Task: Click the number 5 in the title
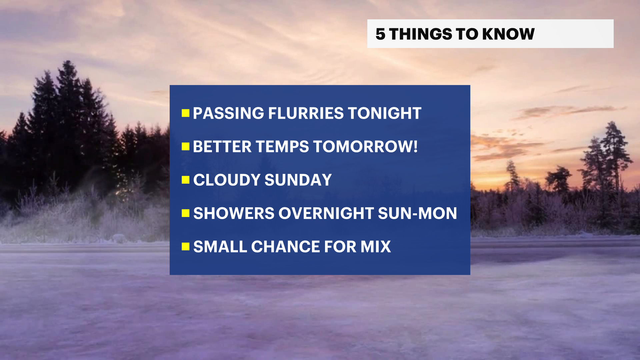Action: (380, 34)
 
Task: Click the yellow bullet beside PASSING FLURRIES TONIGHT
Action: (185, 113)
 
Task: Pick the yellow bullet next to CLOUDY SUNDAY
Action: (185, 180)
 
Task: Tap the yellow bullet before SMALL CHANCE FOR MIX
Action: (185, 247)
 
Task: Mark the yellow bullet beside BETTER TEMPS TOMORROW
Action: (185, 147)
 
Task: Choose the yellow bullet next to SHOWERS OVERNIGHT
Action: (185, 213)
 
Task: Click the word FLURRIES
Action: (306, 113)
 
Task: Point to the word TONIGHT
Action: (385, 113)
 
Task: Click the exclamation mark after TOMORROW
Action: (415, 147)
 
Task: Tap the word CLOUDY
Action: (227, 180)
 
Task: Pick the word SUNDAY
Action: (298, 180)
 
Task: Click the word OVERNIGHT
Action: (326, 213)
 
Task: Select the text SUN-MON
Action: (417, 213)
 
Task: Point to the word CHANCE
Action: (285, 247)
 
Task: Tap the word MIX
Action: (376, 247)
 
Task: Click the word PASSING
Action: (228, 113)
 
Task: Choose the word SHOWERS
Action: (234, 213)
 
